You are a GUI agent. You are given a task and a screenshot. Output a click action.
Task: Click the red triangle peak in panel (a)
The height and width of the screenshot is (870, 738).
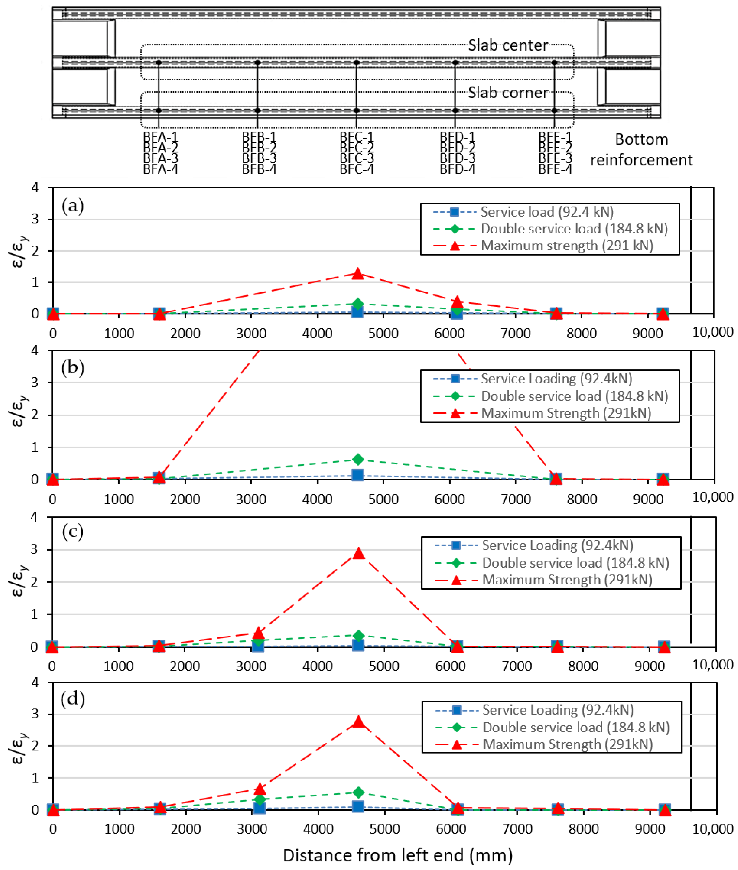357,273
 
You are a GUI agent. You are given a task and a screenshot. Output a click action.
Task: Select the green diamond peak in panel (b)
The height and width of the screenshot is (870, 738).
357,460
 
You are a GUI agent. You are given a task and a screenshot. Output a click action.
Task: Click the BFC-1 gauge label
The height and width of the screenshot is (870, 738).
357,137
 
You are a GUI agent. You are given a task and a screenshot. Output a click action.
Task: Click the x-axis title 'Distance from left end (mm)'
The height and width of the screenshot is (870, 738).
397,855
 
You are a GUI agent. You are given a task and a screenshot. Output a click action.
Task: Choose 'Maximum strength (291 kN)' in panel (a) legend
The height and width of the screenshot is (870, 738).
567,246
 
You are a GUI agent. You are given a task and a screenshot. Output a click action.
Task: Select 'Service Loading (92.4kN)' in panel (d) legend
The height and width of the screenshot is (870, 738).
558,710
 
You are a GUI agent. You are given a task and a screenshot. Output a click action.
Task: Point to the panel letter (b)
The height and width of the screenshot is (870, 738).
73,368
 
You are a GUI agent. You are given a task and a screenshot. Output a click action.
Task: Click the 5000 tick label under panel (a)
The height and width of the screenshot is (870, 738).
383,333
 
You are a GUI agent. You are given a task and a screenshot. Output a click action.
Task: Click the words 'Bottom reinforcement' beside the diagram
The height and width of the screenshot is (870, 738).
641,150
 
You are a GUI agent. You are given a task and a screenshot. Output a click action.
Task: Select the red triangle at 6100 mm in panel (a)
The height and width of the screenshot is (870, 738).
457,302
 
